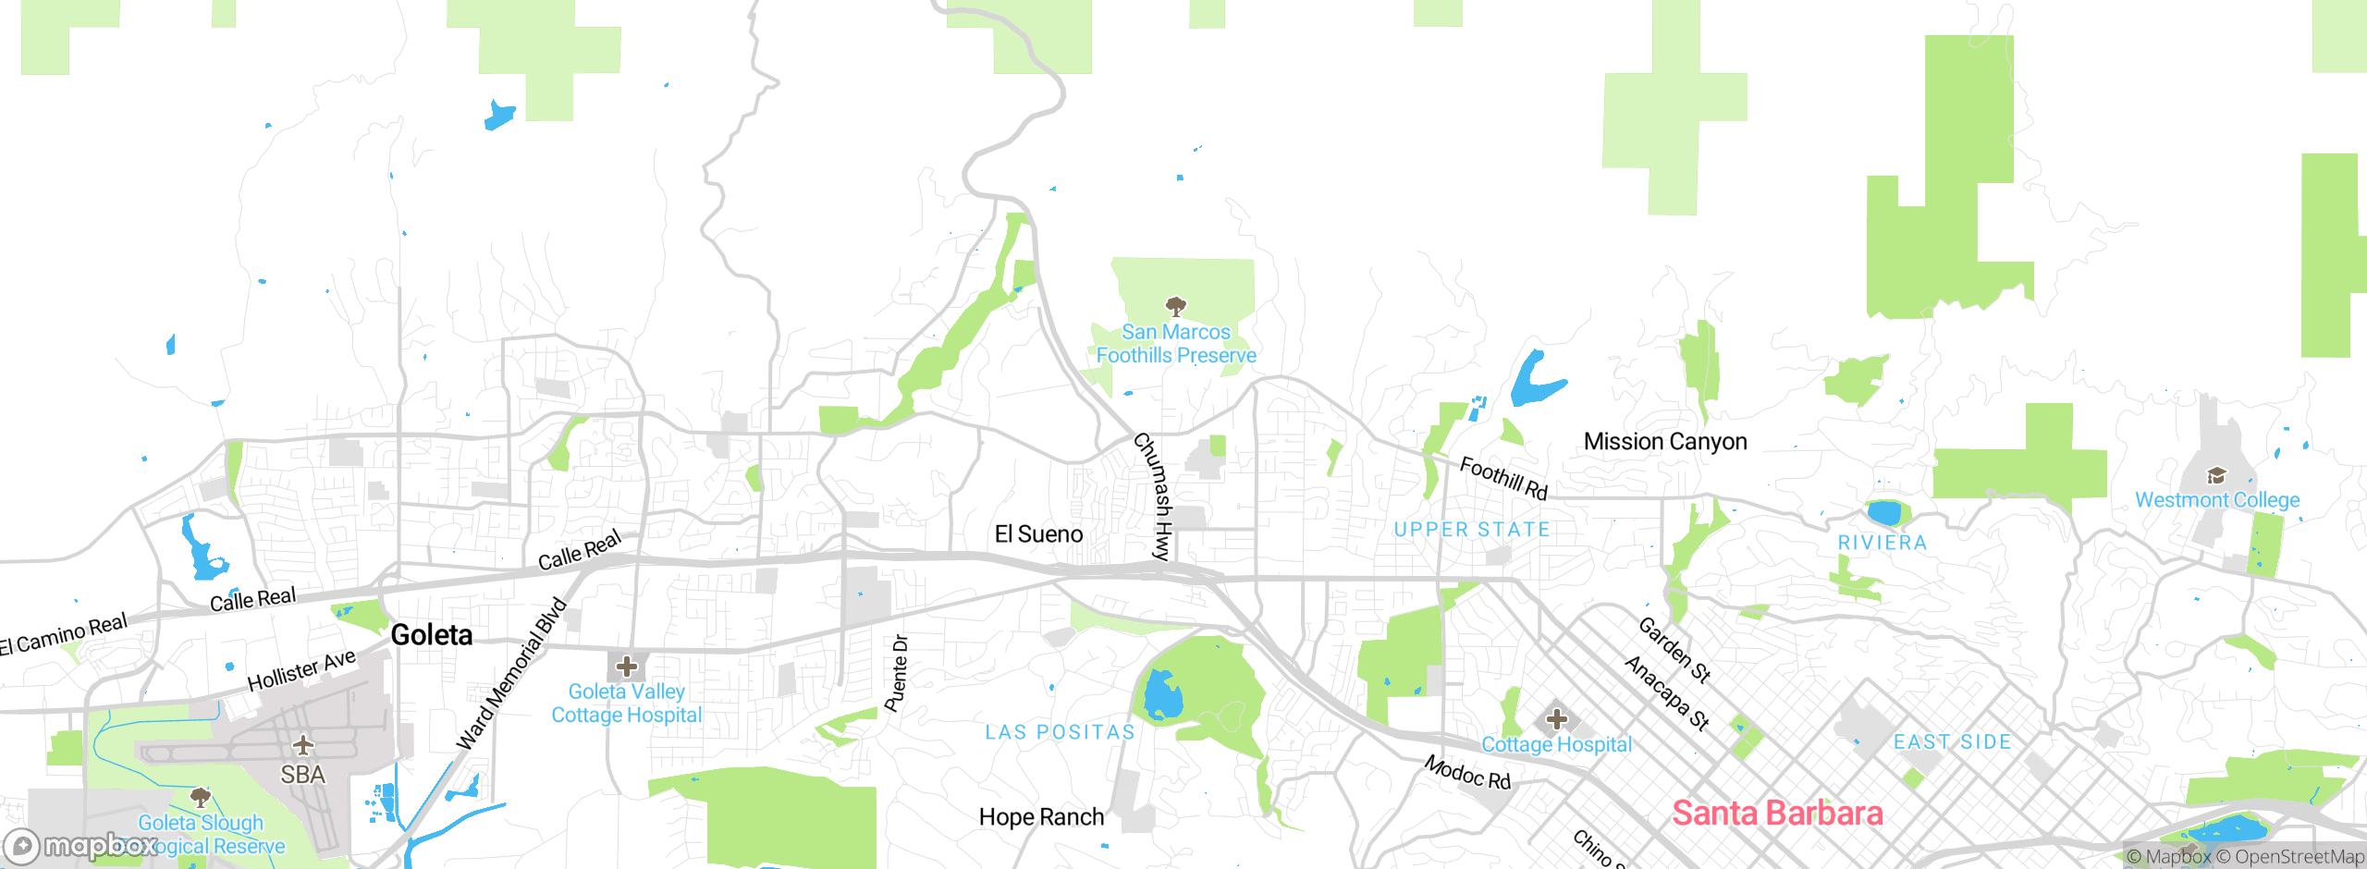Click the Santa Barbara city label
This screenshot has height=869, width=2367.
[x=1777, y=814]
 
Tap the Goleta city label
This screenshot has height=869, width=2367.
[x=432, y=635]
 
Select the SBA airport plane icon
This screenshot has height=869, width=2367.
[x=303, y=745]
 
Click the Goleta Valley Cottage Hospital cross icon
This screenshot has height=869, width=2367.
[x=627, y=667]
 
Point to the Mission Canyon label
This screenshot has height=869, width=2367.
[x=1665, y=442]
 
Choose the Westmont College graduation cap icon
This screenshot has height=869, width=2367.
[x=2216, y=476]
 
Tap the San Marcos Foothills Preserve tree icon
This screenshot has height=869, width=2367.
[x=1175, y=305]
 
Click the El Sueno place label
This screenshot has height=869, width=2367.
[x=1038, y=534]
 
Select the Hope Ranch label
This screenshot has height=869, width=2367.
[x=1041, y=817]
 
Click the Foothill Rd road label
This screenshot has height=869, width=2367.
[x=1503, y=478]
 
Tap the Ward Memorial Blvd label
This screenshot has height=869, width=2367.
[x=511, y=674]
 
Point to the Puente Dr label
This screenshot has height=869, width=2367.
[x=896, y=673]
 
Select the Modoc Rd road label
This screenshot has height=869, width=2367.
[x=1467, y=773]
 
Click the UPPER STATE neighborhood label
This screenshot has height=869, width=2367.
[x=1472, y=530]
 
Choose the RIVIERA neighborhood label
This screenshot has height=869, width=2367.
[x=1883, y=544]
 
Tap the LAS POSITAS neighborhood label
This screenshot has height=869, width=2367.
[x=1060, y=732]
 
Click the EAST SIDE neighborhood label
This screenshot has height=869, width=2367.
[x=1952, y=742]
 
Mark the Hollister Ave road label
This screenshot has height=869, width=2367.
[x=301, y=670]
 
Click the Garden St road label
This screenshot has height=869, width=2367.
[x=1674, y=650]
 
